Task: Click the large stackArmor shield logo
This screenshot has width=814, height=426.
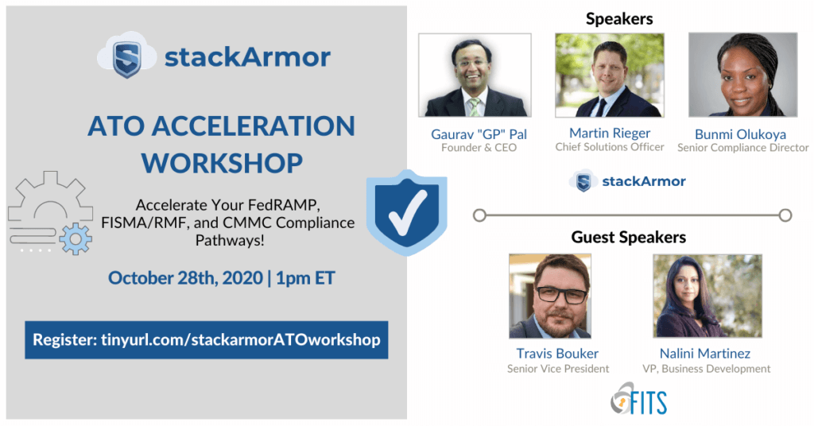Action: pyautogui.click(x=126, y=56)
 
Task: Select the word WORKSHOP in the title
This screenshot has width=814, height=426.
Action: pyautogui.click(x=223, y=163)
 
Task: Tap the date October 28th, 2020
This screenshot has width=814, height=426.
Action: pyautogui.click(x=185, y=278)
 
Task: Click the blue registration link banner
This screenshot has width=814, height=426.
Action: pyautogui.click(x=207, y=340)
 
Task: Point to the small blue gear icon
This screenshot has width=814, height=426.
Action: pyautogui.click(x=76, y=238)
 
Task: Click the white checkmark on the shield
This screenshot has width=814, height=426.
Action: pyautogui.click(x=408, y=213)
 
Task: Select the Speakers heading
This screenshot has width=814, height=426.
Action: pyautogui.click(x=619, y=19)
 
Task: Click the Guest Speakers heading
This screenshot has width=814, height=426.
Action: pyautogui.click(x=629, y=237)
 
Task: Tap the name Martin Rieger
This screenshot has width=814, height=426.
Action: pyautogui.click(x=610, y=134)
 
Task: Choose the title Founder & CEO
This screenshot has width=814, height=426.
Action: pyautogui.click(x=479, y=148)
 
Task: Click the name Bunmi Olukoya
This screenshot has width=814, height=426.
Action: pyautogui.click(x=740, y=134)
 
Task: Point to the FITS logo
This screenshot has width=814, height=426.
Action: pyautogui.click(x=638, y=399)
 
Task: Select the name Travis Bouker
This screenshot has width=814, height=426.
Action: pyautogui.click(x=557, y=354)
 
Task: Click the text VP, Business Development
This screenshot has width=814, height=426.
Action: pyautogui.click(x=706, y=369)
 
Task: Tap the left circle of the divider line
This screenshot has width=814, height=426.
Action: pyautogui.click(x=479, y=215)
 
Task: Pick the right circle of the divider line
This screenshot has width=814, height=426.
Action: pyautogui.click(x=785, y=215)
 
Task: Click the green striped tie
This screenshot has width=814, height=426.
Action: pyautogui.click(x=474, y=106)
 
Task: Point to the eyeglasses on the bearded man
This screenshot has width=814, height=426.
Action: pyautogui.click(x=561, y=295)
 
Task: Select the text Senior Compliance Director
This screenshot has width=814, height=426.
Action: pyautogui.click(x=743, y=148)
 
